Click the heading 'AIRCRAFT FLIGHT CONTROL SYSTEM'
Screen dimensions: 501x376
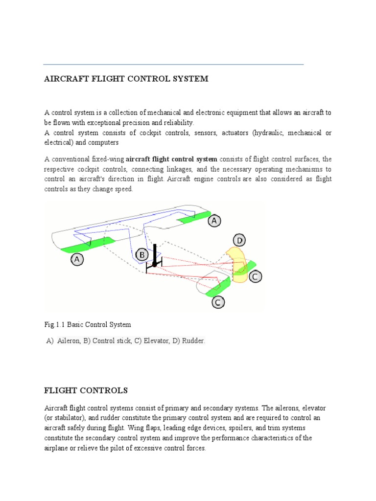(126, 79)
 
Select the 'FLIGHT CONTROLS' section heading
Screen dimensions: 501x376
(86, 390)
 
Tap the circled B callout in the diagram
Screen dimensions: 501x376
(142, 255)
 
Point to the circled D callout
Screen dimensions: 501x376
(239, 241)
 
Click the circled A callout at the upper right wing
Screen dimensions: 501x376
(214, 221)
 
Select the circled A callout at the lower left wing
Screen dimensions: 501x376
(77, 260)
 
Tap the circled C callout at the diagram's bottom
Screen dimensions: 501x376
(218, 303)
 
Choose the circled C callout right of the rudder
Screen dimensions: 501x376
(255, 277)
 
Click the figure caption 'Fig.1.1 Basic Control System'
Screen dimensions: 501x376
(88, 324)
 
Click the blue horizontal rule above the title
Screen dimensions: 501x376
(173, 65)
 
